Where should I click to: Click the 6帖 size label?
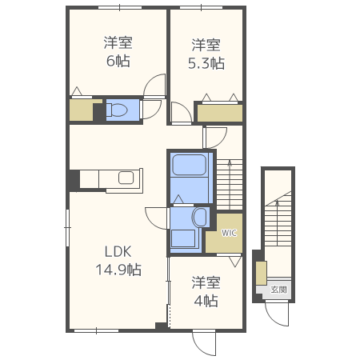[x=117, y=61]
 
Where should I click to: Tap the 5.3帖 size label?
[x=206, y=62]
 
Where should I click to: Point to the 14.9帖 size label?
[x=118, y=270]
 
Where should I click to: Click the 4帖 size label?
[x=206, y=301]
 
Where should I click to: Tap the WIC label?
[x=229, y=233]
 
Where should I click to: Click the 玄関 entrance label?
[x=278, y=290]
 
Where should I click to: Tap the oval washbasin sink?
[x=199, y=217]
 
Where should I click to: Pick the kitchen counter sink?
[x=126, y=178]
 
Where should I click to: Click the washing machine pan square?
[x=184, y=238]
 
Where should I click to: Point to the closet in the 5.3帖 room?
[x=219, y=113]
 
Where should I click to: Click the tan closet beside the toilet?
[x=81, y=110]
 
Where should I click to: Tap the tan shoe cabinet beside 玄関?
[x=261, y=273]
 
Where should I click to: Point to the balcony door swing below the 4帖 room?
[x=205, y=343]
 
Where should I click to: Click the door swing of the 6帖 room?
[x=155, y=86]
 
